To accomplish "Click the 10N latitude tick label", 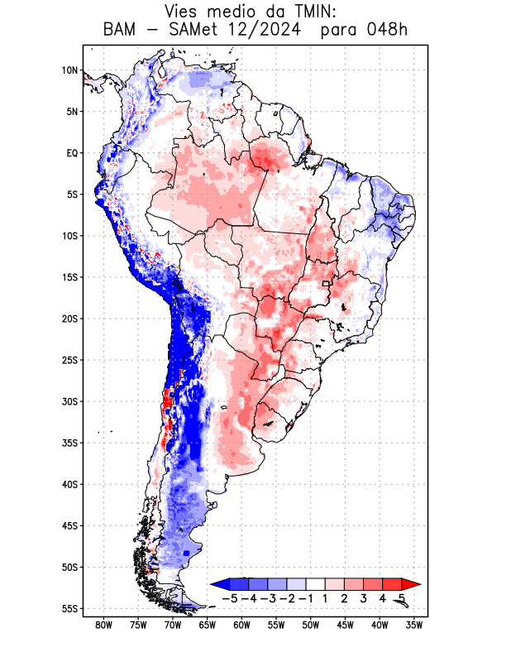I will pyautogui.click(x=69, y=70).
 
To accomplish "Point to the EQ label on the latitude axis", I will pyautogui.click(x=72, y=153).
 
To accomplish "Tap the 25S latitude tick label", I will pyautogui.click(x=69, y=360).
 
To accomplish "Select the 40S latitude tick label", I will pyautogui.click(x=69, y=484).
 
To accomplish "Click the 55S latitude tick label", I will pyautogui.click(x=69, y=608).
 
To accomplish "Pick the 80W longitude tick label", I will pyautogui.click(x=103, y=625).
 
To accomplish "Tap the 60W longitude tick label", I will pyautogui.click(x=241, y=625).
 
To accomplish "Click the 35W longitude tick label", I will pyautogui.click(x=414, y=625).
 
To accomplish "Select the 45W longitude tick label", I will pyautogui.click(x=346, y=625).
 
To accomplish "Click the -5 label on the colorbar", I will pyautogui.click(x=229, y=597).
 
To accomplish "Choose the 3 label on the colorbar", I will pyautogui.click(x=363, y=597).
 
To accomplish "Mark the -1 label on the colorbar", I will pyautogui.click(x=305, y=597).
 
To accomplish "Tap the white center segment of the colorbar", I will pyautogui.click(x=315, y=584).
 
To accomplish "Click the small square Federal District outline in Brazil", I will pyautogui.click(x=327, y=284).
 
